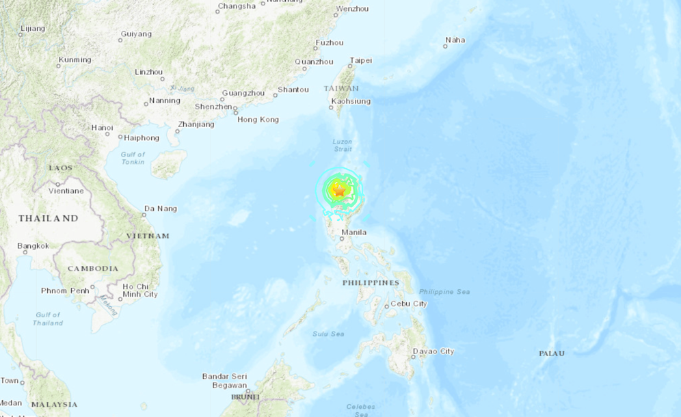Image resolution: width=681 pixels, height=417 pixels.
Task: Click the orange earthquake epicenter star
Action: (338, 192)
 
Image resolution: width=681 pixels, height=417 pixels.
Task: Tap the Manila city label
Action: (353, 232)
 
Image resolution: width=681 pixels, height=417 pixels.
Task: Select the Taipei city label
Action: (360, 61)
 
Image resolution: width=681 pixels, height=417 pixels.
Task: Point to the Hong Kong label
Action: (258, 120)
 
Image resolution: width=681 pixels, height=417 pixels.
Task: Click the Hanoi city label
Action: (102, 127)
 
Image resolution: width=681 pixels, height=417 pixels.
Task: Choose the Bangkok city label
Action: (33, 245)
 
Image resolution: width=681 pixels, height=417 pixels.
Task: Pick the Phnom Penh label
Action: (64, 291)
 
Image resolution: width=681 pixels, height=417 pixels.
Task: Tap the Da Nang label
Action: (161, 209)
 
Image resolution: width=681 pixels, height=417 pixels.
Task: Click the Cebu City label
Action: (409, 304)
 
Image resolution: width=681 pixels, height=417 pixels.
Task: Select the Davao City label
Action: (433, 351)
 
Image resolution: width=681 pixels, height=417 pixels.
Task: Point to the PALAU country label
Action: (552, 353)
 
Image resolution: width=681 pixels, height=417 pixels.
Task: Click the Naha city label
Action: (455, 40)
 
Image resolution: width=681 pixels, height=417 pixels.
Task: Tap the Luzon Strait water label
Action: (342, 146)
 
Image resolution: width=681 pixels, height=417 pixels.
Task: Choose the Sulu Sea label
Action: (329, 334)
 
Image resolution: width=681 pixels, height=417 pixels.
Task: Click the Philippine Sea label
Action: (444, 292)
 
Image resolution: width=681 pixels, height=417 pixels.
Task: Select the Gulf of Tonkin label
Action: (133, 159)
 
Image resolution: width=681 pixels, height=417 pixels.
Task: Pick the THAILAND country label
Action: (48, 218)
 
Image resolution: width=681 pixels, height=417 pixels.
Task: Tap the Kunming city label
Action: (75, 60)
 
